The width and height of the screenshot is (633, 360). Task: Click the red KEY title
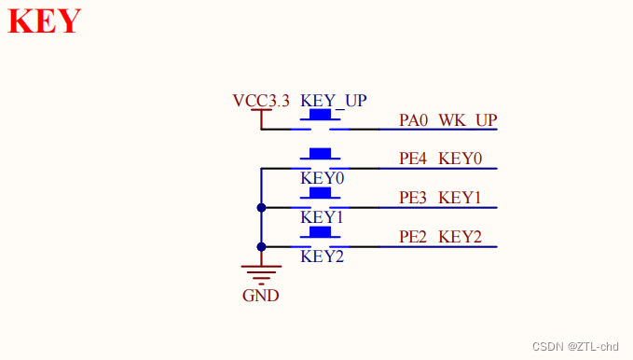tap(45, 21)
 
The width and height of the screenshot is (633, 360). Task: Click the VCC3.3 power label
tap(261, 100)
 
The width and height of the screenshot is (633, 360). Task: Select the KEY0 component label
tap(323, 177)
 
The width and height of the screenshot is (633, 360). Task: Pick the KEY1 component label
tap(323, 216)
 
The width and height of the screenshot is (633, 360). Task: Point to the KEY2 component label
tap(323, 256)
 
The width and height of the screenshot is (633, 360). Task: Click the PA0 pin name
tap(414, 120)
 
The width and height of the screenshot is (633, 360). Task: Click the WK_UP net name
tap(468, 120)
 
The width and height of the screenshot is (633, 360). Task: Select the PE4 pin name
tap(414, 159)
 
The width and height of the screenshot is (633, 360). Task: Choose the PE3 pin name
tap(414, 198)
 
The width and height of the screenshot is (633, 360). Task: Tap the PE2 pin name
tap(414, 237)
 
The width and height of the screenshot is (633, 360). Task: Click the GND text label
tap(260, 296)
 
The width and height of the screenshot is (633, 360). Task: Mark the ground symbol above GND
tap(261, 273)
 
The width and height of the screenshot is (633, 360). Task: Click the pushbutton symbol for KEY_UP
tap(321, 117)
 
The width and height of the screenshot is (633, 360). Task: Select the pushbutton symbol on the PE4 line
tap(321, 156)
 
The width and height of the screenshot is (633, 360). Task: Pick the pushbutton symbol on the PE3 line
tap(321, 195)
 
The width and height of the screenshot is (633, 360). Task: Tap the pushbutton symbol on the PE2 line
tap(321, 234)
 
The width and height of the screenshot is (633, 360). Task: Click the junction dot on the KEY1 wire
tap(261, 207)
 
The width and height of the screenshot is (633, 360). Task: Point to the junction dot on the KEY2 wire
tap(261, 246)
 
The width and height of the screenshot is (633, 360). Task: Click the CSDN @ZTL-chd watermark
tap(575, 346)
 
